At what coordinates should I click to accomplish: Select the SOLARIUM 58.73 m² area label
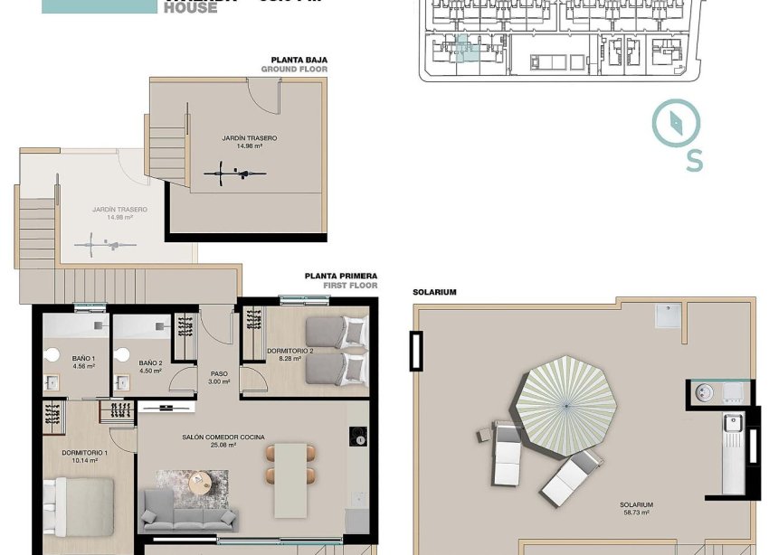click(x=637, y=509)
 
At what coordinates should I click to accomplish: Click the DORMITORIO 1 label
click(x=85, y=456)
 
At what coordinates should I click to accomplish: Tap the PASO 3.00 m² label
click(x=219, y=377)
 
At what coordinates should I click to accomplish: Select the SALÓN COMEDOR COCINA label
click(x=223, y=440)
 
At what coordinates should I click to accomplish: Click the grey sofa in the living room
click(x=189, y=512)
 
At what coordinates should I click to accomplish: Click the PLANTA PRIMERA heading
click(x=340, y=276)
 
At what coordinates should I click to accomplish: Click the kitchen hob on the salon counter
click(x=356, y=436)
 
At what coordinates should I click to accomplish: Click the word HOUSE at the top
click(x=190, y=8)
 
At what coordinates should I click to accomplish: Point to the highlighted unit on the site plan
click(x=465, y=48)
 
